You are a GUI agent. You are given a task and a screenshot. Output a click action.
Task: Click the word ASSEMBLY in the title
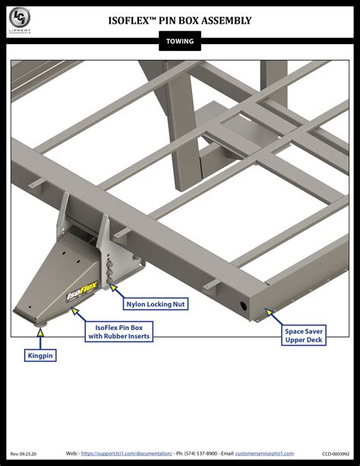click(x=225, y=21)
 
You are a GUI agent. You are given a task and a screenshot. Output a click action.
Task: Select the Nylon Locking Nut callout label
click(x=156, y=303)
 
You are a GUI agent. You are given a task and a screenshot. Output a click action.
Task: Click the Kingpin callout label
click(x=41, y=355)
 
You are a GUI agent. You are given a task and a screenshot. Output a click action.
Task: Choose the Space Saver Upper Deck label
click(x=305, y=336)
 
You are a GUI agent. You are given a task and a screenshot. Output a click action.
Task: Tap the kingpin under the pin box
click(x=39, y=324)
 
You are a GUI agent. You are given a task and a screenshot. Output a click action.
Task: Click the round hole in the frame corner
click(x=244, y=305)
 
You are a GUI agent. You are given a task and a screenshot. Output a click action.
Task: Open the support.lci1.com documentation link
click(x=127, y=453)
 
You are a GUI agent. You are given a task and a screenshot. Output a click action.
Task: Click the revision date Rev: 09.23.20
click(x=24, y=453)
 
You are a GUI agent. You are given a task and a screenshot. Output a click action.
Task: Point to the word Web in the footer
click(x=71, y=453)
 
